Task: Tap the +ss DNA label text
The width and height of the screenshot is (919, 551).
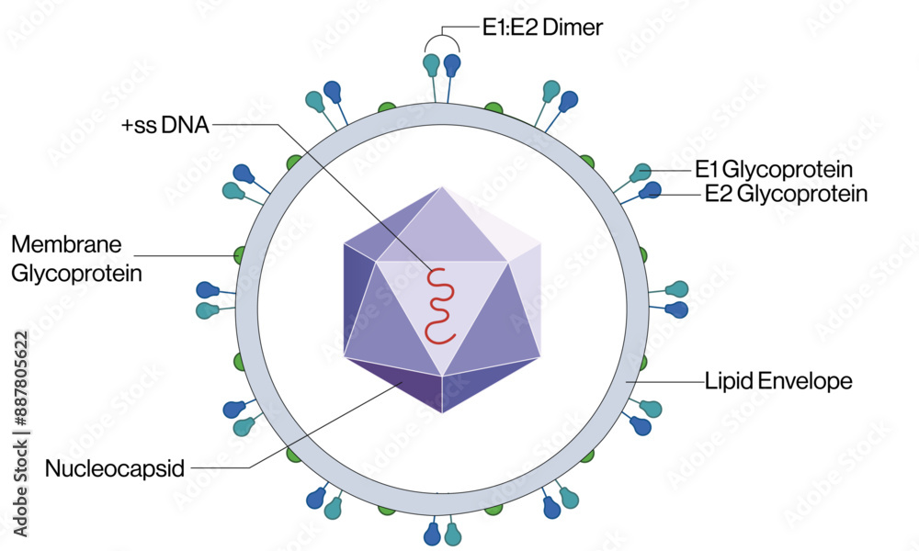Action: pyautogui.click(x=165, y=125)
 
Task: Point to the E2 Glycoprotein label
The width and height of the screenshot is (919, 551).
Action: pyautogui.click(x=786, y=194)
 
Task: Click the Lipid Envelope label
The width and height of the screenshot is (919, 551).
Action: pyautogui.click(x=778, y=380)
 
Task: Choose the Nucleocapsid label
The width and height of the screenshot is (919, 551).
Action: pyautogui.click(x=115, y=469)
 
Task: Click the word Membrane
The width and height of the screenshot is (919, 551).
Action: pyautogui.click(x=66, y=245)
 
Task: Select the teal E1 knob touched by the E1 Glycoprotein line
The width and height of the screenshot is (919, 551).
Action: pyautogui.click(x=641, y=172)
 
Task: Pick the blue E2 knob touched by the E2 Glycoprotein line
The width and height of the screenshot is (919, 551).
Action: pyautogui.click(x=652, y=190)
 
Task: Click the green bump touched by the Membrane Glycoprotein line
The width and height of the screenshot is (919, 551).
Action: pyautogui.click(x=241, y=254)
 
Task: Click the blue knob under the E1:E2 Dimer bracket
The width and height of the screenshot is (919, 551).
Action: pyautogui.click(x=451, y=65)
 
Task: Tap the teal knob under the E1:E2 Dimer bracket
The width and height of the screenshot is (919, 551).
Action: pyautogui.click(x=431, y=65)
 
